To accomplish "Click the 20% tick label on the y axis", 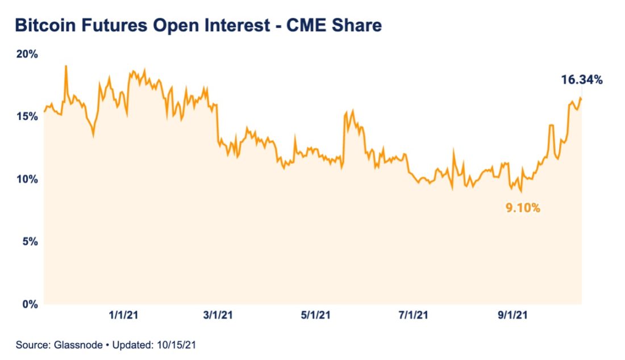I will (27, 55).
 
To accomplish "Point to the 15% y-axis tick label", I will (27, 116).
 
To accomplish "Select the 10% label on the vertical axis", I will (27, 179).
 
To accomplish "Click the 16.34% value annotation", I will (581, 80).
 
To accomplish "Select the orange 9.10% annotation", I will (523, 208).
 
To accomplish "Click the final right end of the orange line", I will (581, 99).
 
